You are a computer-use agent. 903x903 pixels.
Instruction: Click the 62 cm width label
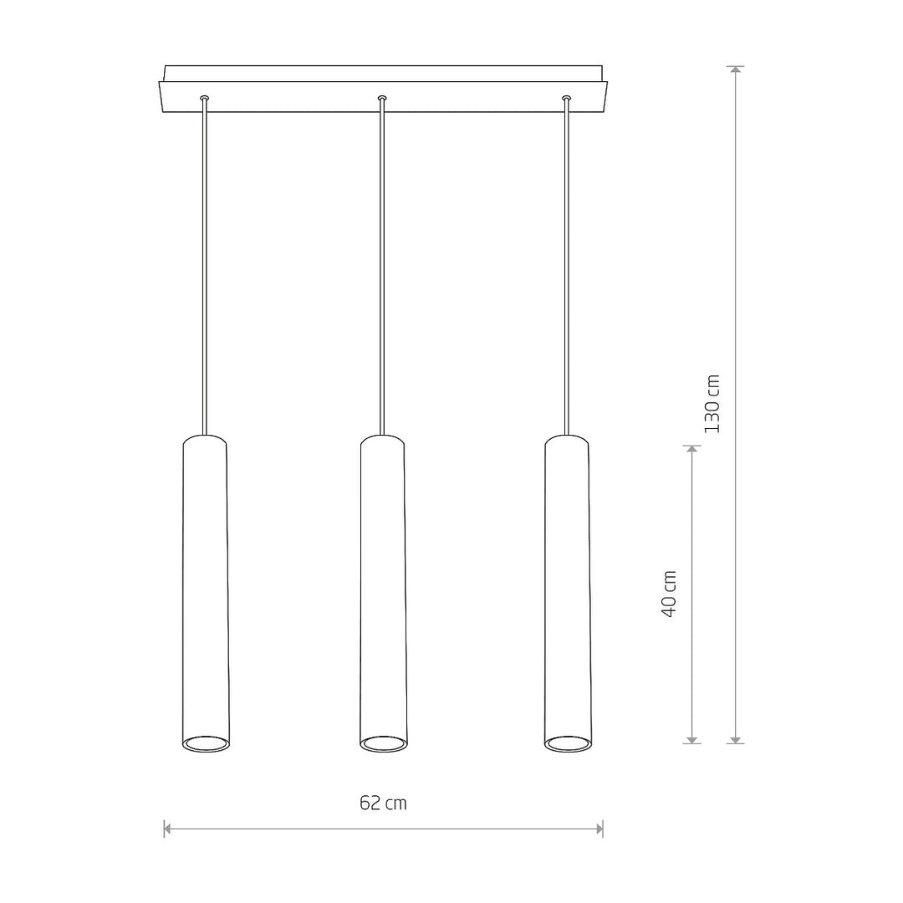click(x=383, y=803)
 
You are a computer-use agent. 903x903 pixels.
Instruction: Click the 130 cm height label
click(x=712, y=404)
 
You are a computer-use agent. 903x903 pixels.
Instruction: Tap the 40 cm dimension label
click(x=669, y=594)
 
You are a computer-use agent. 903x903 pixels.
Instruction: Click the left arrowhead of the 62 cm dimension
click(x=168, y=829)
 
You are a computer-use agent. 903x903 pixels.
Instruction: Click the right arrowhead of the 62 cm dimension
click(x=599, y=829)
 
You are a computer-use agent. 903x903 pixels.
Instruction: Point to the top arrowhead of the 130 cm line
click(x=736, y=71)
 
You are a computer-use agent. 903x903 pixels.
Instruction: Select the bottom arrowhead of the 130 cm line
click(x=736, y=739)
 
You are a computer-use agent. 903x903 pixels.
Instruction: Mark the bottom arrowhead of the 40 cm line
click(x=691, y=739)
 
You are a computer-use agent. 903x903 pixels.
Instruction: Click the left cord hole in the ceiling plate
click(x=205, y=99)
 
